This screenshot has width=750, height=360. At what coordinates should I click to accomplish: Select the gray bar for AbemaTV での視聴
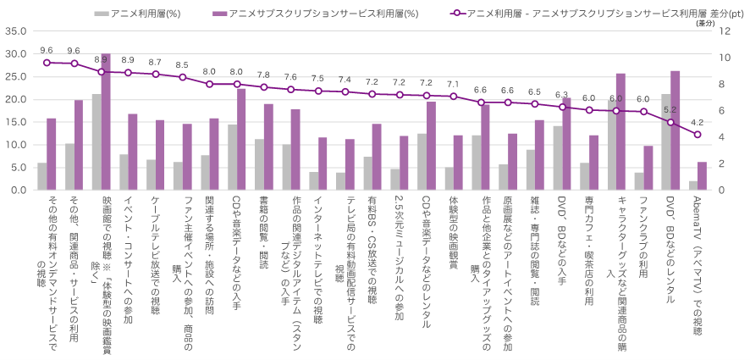click(x=693, y=186)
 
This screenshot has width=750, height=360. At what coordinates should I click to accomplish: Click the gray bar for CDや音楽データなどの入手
click(x=232, y=158)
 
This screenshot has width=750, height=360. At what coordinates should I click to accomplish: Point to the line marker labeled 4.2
click(x=698, y=135)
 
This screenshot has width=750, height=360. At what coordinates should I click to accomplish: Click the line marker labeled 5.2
click(x=670, y=122)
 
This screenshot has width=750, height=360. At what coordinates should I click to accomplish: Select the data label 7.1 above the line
click(x=453, y=84)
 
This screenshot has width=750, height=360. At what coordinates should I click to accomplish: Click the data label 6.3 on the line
click(x=561, y=95)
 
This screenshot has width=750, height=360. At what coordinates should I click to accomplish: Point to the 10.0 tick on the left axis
click(x=16, y=145)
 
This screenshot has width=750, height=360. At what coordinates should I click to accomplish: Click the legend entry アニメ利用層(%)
click(x=136, y=14)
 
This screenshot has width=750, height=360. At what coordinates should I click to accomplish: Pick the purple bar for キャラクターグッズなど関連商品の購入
click(x=620, y=131)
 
